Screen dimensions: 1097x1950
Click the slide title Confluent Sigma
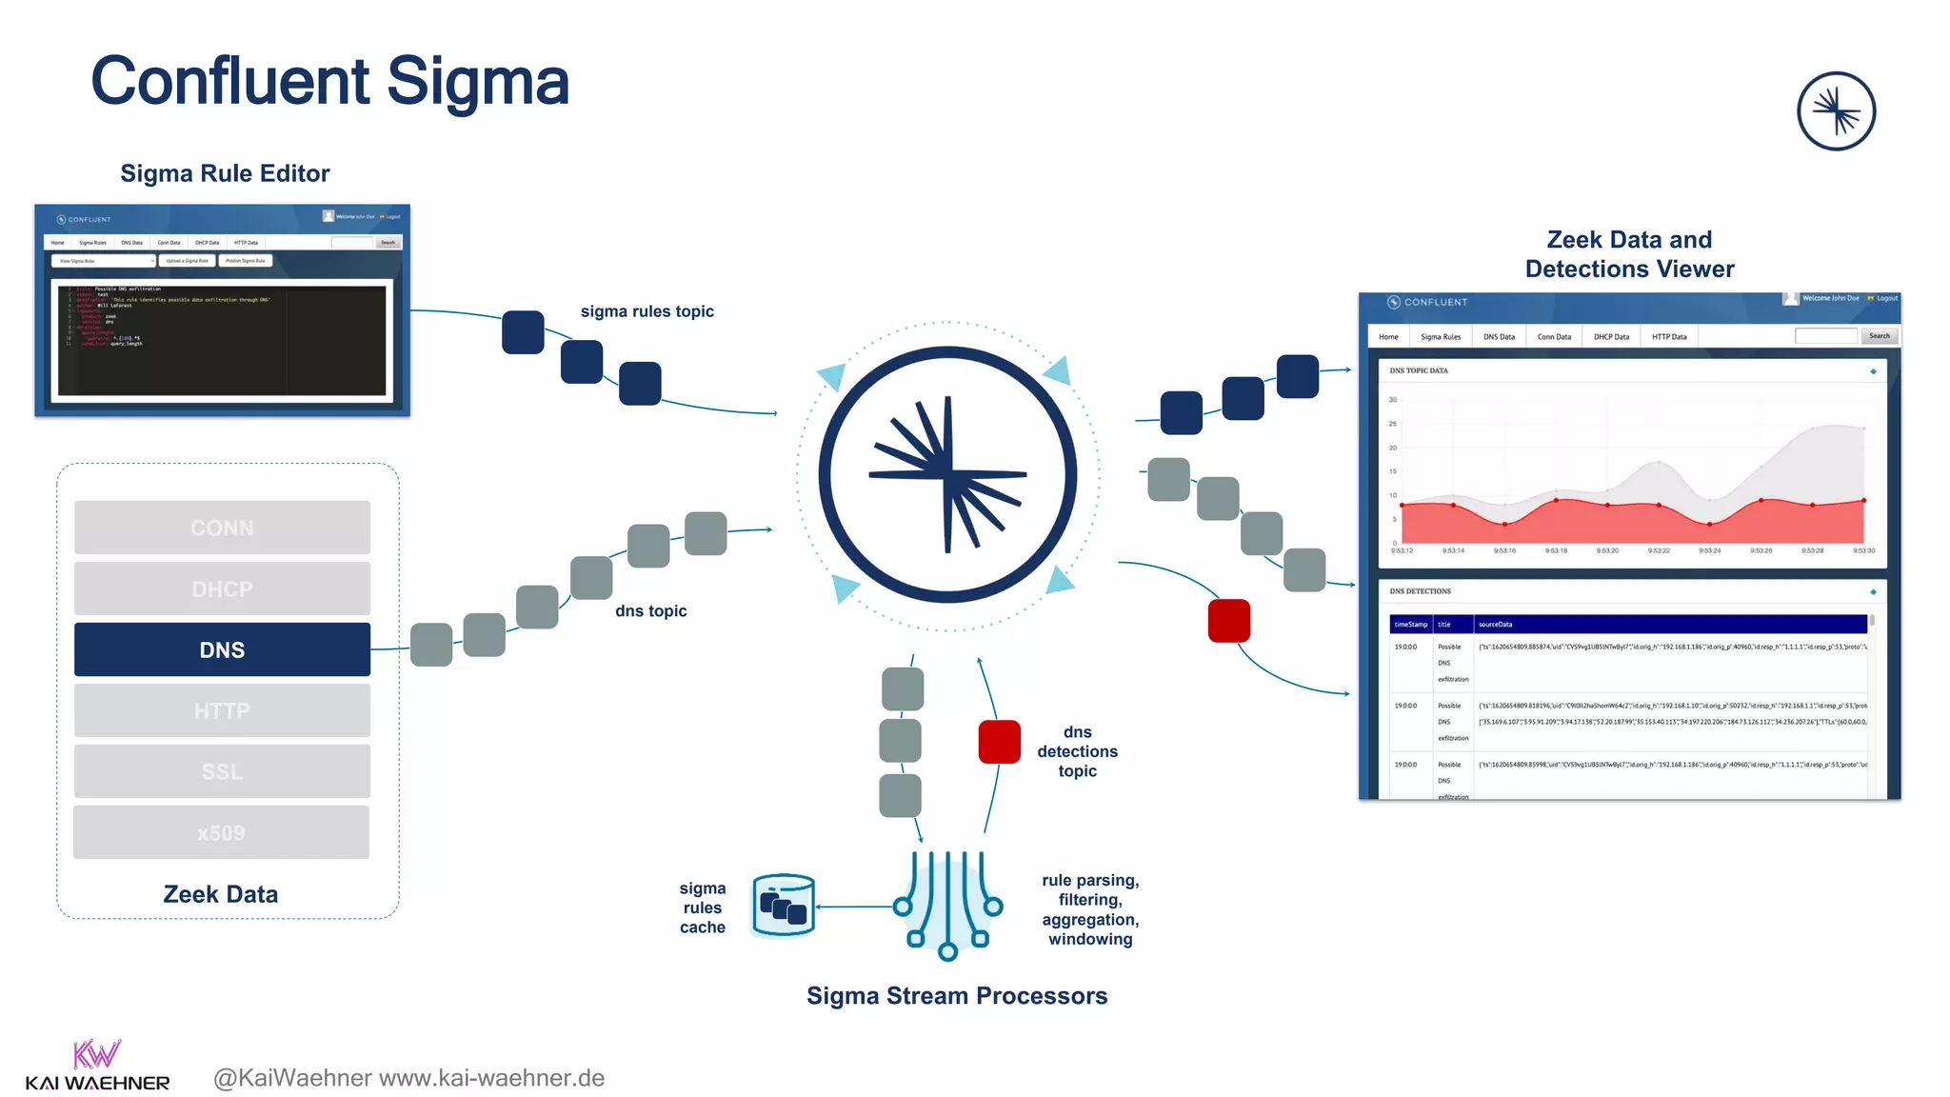(x=329, y=82)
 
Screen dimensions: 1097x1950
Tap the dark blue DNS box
(x=222, y=649)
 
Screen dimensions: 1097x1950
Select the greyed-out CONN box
(x=222, y=528)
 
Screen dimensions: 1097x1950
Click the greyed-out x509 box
(x=221, y=832)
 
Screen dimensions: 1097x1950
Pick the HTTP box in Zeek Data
(x=222, y=710)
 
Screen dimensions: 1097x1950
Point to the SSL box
(x=222, y=771)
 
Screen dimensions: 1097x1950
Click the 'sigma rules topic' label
(x=647, y=311)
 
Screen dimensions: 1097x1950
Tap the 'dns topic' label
(x=650, y=610)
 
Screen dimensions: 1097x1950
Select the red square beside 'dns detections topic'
(x=999, y=742)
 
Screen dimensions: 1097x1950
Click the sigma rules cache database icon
(x=784, y=906)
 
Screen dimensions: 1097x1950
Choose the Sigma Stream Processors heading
(x=957, y=995)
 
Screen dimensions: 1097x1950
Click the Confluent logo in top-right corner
(x=1836, y=111)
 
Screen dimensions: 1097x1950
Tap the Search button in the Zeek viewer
(x=1879, y=336)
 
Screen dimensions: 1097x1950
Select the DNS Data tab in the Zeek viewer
(x=1499, y=337)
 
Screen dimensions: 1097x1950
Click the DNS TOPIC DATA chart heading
(x=1418, y=370)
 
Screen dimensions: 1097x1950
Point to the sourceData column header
(x=1495, y=625)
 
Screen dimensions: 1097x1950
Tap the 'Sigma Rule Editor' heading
(x=225, y=173)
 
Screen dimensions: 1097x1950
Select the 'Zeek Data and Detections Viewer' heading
(x=1629, y=254)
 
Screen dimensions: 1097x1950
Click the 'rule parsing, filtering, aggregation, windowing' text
(x=1090, y=909)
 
